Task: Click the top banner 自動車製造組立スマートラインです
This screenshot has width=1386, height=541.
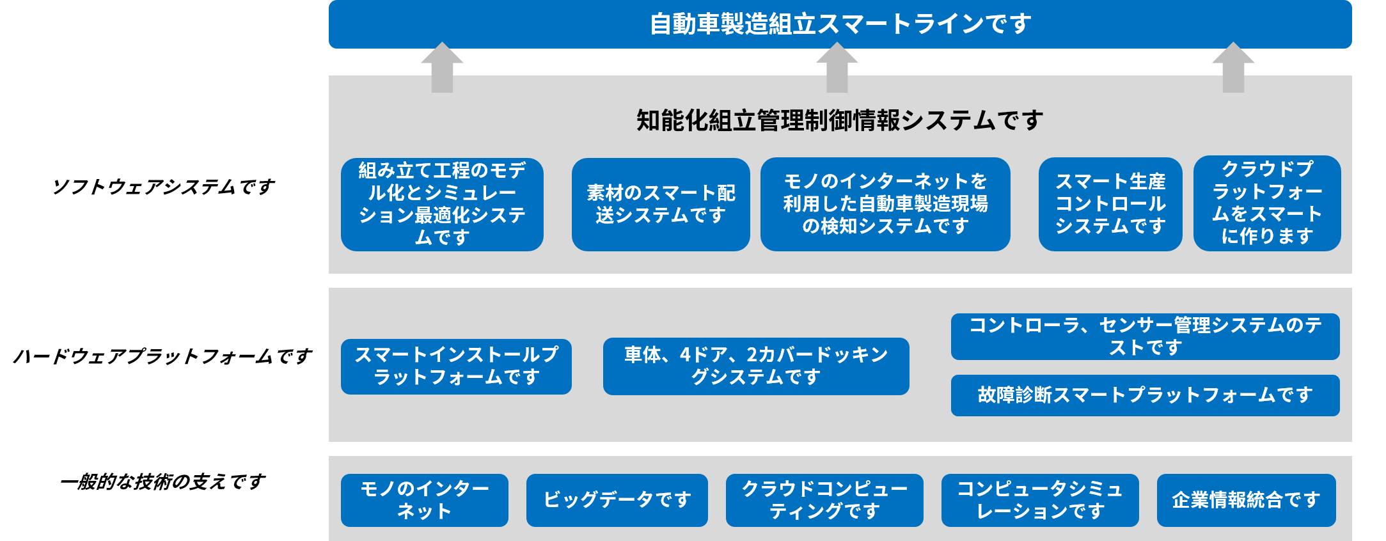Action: (840, 24)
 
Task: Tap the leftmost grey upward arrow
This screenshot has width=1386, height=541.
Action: (442, 67)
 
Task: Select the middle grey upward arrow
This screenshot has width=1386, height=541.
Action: (837, 67)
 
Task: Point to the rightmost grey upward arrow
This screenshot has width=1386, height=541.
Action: (1233, 67)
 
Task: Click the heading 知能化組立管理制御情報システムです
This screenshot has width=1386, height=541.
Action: (840, 120)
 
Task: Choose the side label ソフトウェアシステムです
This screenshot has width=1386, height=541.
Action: (163, 187)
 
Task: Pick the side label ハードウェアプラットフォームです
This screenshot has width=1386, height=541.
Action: (162, 356)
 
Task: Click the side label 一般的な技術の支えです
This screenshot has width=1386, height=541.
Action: (162, 482)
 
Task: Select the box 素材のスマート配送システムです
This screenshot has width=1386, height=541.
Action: (661, 205)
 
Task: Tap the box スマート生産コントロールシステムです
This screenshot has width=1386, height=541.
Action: (1110, 205)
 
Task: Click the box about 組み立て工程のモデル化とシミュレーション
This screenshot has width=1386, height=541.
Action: (442, 205)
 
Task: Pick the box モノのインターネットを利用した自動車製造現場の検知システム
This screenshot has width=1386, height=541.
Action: (885, 205)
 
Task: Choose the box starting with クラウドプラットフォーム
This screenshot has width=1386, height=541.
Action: (1267, 203)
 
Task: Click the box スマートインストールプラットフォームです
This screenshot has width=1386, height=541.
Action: (456, 366)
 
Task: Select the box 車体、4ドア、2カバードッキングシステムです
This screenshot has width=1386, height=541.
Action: (756, 366)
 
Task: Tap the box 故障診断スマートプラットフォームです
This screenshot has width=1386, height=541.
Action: (1145, 395)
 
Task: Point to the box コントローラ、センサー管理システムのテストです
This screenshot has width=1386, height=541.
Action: (1145, 336)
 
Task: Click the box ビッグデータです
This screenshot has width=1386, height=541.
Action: (617, 500)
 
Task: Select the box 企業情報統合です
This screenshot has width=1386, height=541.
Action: (1246, 500)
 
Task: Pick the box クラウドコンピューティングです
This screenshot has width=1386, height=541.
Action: (824, 500)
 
